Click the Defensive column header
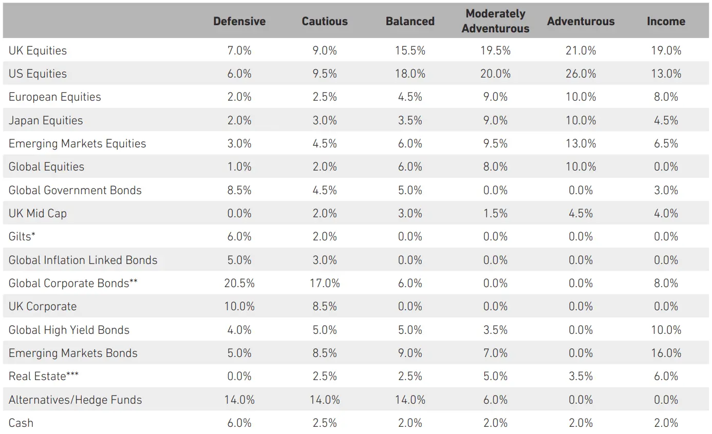pos(239,21)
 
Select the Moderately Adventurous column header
pos(495,21)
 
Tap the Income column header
pos(666,21)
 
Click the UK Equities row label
pos(38,50)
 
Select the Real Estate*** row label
pos(44,376)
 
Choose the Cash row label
pos(21,423)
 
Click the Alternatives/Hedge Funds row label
pos(75,400)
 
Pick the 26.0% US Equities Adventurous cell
pos(580,73)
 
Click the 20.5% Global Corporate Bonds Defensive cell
pos(239,284)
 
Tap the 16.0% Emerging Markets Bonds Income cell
pos(666,353)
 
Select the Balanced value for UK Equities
pos(410,50)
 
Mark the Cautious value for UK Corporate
pos(325,307)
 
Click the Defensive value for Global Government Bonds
pos(239,190)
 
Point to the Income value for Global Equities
pos(666,167)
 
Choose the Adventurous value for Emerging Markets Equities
pos(580,144)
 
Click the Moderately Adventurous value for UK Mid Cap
pos(495,214)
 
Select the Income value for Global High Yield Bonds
pos(666,330)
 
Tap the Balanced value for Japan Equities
pos(410,120)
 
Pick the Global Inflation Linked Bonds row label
pos(83,260)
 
